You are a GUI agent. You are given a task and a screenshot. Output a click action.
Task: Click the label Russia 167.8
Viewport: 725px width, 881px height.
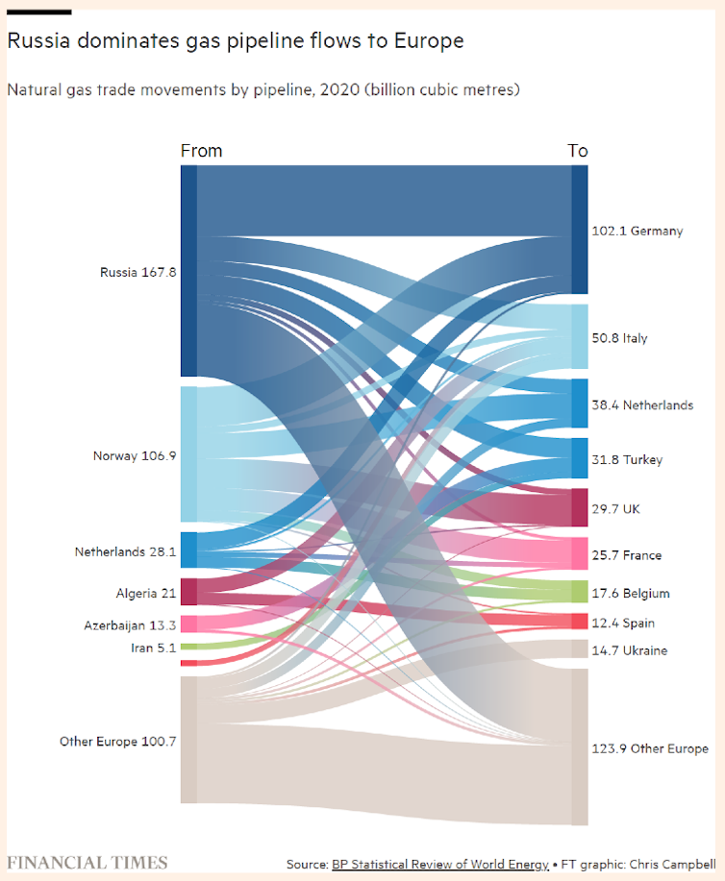pyautogui.click(x=137, y=272)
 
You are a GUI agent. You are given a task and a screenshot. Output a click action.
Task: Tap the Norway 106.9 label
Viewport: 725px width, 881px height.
pyautogui.click(x=135, y=455)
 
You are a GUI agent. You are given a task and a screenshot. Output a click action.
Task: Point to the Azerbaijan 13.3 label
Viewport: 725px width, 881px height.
pyautogui.click(x=130, y=625)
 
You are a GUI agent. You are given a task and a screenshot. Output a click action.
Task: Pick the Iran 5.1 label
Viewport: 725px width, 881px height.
pyautogui.click(x=154, y=648)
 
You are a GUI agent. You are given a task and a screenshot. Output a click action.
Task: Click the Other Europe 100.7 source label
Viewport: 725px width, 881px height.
pyautogui.click(x=117, y=741)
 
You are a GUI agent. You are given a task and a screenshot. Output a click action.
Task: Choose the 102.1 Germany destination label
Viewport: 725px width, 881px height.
pyautogui.click(x=637, y=231)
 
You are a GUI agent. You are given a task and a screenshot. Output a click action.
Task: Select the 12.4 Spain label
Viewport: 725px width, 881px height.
pyautogui.click(x=624, y=623)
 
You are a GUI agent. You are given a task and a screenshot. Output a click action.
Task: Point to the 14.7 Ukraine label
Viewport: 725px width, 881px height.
pyautogui.click(x=631, y=650)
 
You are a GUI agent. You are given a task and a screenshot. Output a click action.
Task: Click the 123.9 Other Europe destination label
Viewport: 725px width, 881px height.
pyautogui.click(x=651, y=748)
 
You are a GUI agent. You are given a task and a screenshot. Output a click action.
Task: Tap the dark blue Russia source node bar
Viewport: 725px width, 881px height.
pyautogui.click(x=188, y=271)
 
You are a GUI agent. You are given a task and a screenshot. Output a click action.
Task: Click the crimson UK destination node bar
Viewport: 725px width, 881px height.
pyautogui.click(x=579, y=507)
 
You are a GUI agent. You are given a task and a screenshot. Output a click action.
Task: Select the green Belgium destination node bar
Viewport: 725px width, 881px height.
pyautogui.click(x=579, y=592)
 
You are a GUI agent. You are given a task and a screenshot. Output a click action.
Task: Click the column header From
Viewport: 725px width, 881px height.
pyautogui.click(x=201, y=151)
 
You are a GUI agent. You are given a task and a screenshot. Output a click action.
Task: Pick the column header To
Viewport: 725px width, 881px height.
pyautogui.click(x=577, y=151)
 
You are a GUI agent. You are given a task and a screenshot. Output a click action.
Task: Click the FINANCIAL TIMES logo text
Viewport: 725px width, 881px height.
pyautogui.click(x=87, y=862)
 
